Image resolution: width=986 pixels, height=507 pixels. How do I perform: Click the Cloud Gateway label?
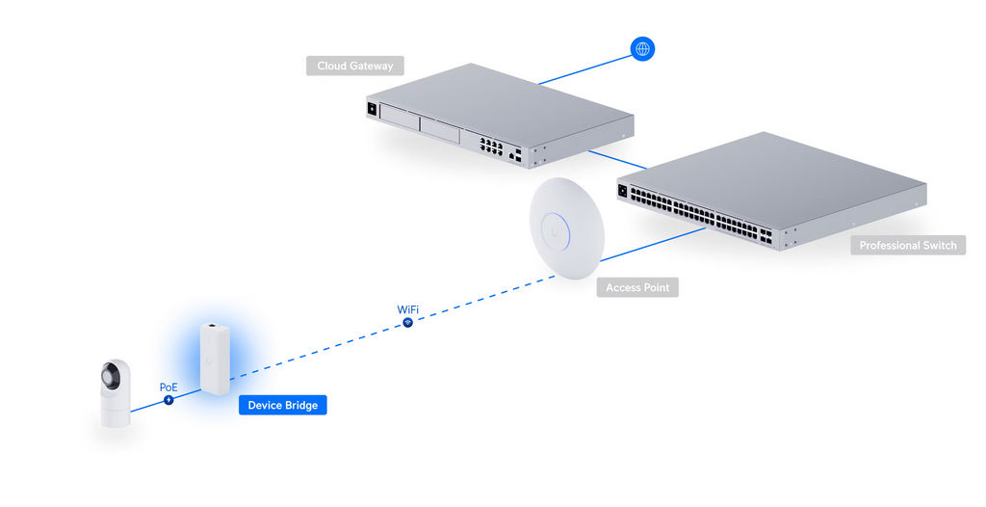pyautogui.click(x=355, y=66)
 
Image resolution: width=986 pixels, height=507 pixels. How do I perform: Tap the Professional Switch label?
pyautogui.click(x=908, y=245)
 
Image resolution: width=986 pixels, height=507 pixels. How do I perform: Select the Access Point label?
pyautogui.click(x=637, y=287)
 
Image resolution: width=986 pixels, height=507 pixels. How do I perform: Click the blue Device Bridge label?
pyautogui.click(x=283, y=405)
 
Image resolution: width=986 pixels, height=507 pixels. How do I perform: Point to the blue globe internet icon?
pyautogui.click(x=642, y=48)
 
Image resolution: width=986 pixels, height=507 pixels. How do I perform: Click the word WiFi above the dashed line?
pyautogui.click(x=407, y=309)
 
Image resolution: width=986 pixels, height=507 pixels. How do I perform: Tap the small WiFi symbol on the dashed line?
pyautogui.click(x=407, y=323)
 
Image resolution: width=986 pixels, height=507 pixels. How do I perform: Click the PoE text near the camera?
pyautogui.click(x=169, y=387)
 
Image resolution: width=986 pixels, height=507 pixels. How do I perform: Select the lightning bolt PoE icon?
pyautogui.click(x=169, y=400)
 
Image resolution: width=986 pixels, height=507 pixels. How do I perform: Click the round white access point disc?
pyautogui.click(x=566, y=228)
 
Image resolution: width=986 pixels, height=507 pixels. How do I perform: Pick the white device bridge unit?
pyautogui.click(x=215, y=359)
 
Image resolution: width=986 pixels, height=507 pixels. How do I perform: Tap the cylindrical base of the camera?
pyautogui.click(x=116, y=415)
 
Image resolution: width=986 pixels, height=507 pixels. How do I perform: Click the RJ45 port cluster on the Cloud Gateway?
pyautogui.click(x=491, y=147)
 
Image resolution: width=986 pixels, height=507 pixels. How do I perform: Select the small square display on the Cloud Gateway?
pyautogui.click(x=372, y=109)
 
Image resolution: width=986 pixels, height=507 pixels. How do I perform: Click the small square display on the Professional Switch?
pyautogui.click(x=623, y=191)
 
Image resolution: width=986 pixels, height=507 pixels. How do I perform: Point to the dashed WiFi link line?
pyautogui.click(x=392, y=328)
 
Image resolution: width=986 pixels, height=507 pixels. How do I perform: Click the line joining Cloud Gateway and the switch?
pyautogui.click(x=617, y=160)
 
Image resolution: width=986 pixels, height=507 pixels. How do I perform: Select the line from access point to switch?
pyautogui.click(x=654, y=245)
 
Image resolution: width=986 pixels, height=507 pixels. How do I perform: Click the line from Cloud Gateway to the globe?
pyautogui.click(x=584, y=70)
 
